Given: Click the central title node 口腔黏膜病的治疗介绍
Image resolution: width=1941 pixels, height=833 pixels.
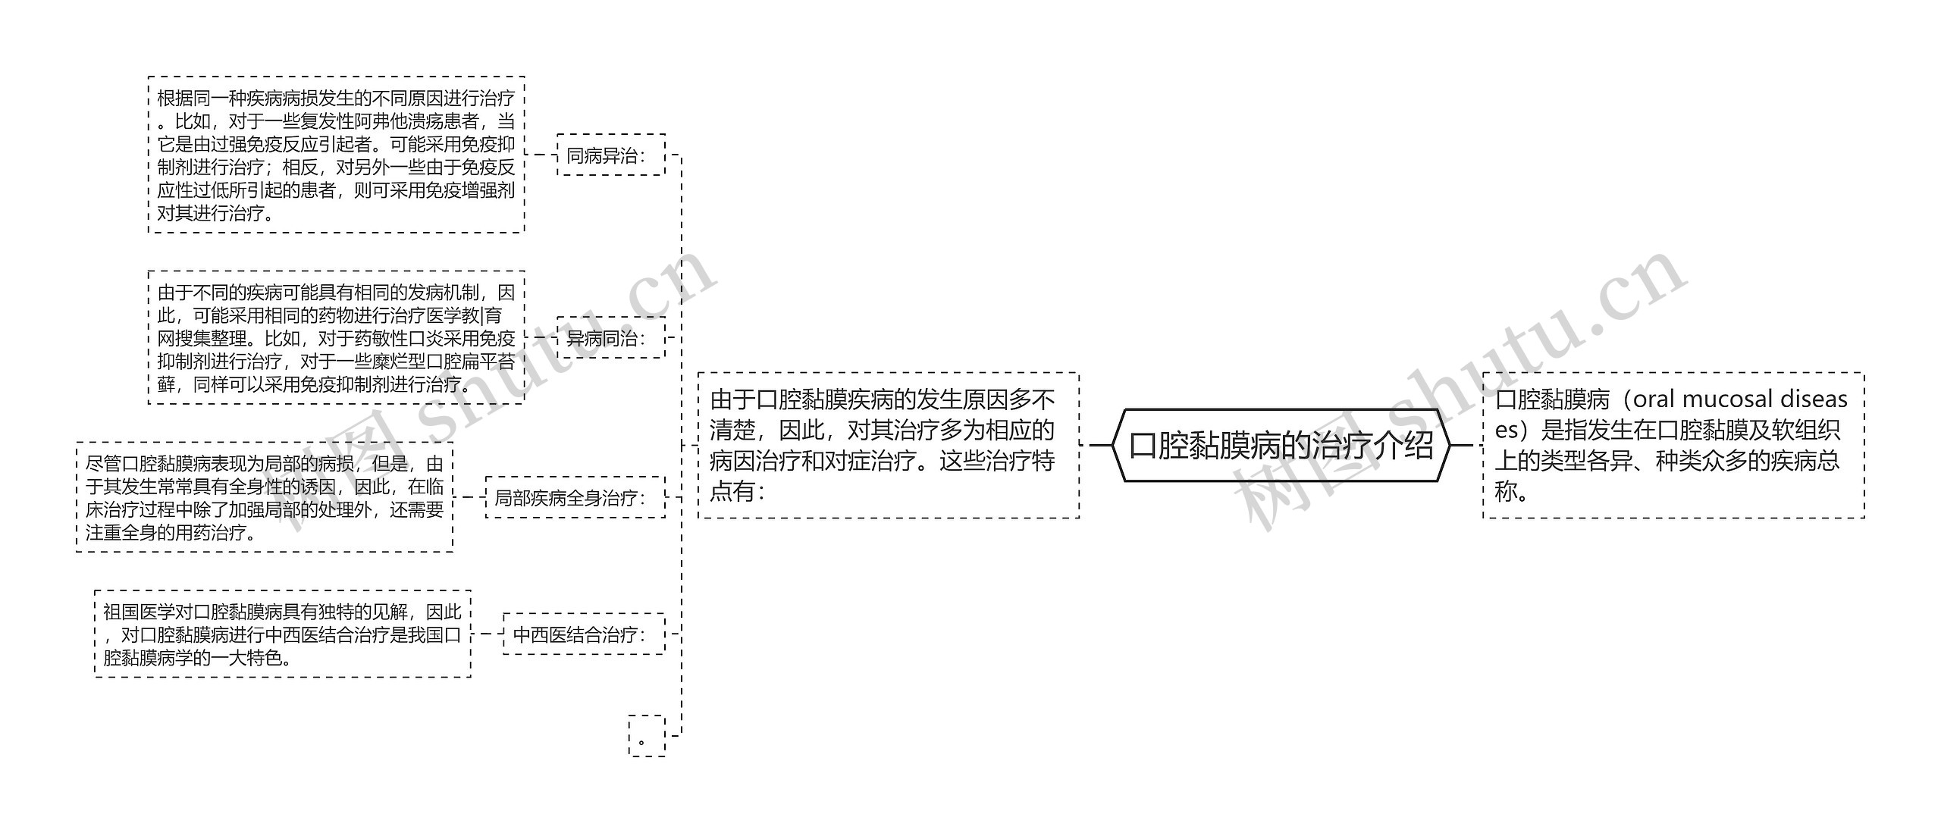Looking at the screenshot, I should coord(1281,445).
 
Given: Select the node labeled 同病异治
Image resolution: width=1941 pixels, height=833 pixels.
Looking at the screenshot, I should coord(610,155).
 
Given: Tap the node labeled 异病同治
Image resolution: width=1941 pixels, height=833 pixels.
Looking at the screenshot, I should coord(610,338).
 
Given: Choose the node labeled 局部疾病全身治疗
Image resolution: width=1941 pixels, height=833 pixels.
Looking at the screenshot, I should coord(575,498).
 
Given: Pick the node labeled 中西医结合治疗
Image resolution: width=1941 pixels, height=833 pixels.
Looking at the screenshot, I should coord(583,634).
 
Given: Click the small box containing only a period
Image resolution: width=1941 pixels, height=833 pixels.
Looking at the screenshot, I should coord(646,736).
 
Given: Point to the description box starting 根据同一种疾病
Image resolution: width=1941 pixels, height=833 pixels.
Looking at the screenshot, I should coord(336,155).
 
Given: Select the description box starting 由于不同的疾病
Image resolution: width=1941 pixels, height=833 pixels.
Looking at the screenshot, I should coord(336,338).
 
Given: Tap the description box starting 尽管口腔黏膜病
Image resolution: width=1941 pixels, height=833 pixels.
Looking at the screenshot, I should coord(264,497).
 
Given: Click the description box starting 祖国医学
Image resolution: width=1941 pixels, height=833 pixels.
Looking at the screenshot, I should coord(282,634).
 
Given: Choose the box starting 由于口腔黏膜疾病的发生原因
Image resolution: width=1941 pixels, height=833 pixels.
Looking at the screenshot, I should coord(888,446).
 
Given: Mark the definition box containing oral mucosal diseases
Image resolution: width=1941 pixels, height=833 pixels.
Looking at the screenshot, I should coord(1673,446).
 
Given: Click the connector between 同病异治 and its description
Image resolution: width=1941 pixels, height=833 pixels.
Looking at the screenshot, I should coord(541,155).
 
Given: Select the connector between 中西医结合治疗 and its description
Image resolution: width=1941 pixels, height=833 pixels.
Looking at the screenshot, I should coord(487,634).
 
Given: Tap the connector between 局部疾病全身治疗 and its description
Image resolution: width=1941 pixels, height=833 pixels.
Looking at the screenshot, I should coord(469,498).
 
